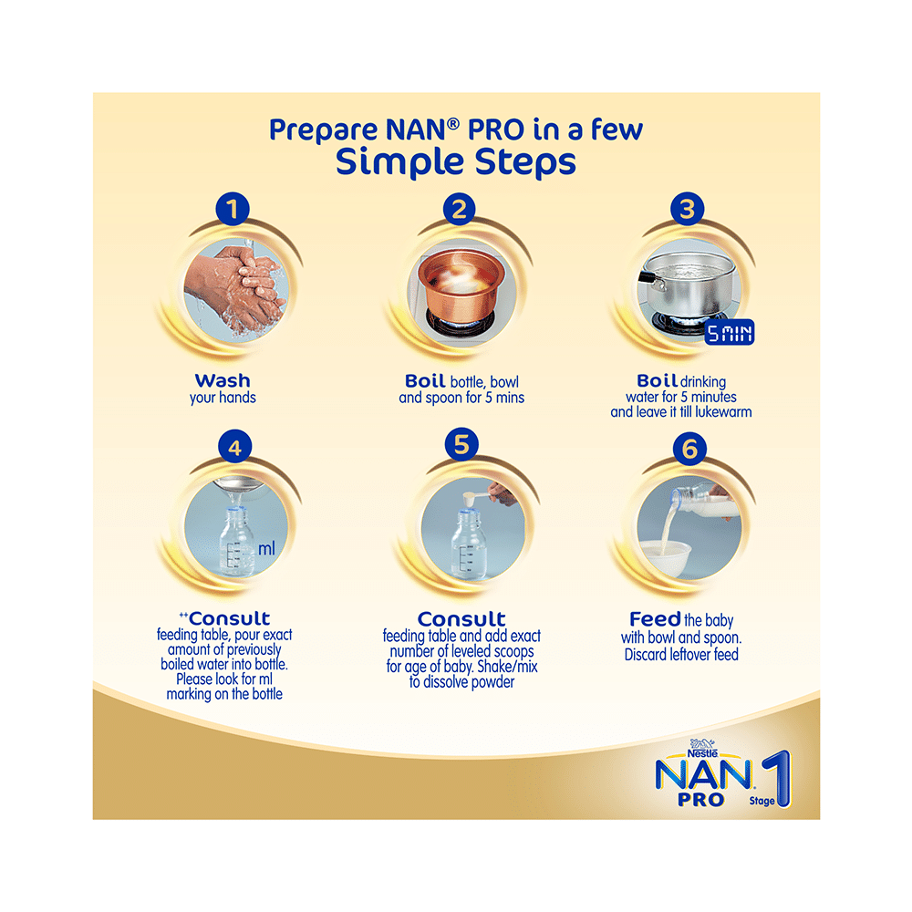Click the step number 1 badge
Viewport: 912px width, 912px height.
[233, 210]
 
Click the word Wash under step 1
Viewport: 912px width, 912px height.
[223, 380]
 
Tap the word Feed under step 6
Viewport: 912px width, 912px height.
[655, 619]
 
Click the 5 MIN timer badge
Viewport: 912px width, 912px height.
[731, 333]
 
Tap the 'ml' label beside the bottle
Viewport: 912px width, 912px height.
[266, 549]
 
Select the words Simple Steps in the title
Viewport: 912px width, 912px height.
[456, 161]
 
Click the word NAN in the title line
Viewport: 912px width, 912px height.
[423, 129]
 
